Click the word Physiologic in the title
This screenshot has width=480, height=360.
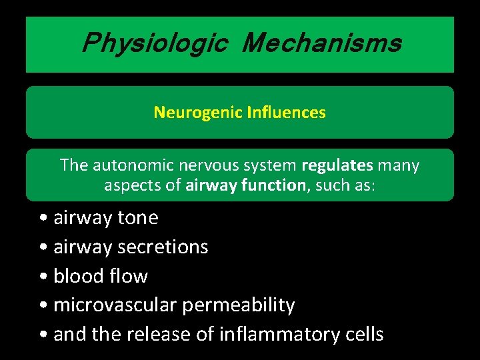(155, 44)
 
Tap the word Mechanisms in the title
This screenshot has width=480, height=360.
(322, 44)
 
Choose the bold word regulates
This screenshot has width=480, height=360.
(337, 165)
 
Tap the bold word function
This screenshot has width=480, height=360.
(273, 185)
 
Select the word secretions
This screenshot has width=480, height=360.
(163, 247)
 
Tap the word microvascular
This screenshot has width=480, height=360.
(115, 305)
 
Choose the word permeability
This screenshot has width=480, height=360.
(239, 305)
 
